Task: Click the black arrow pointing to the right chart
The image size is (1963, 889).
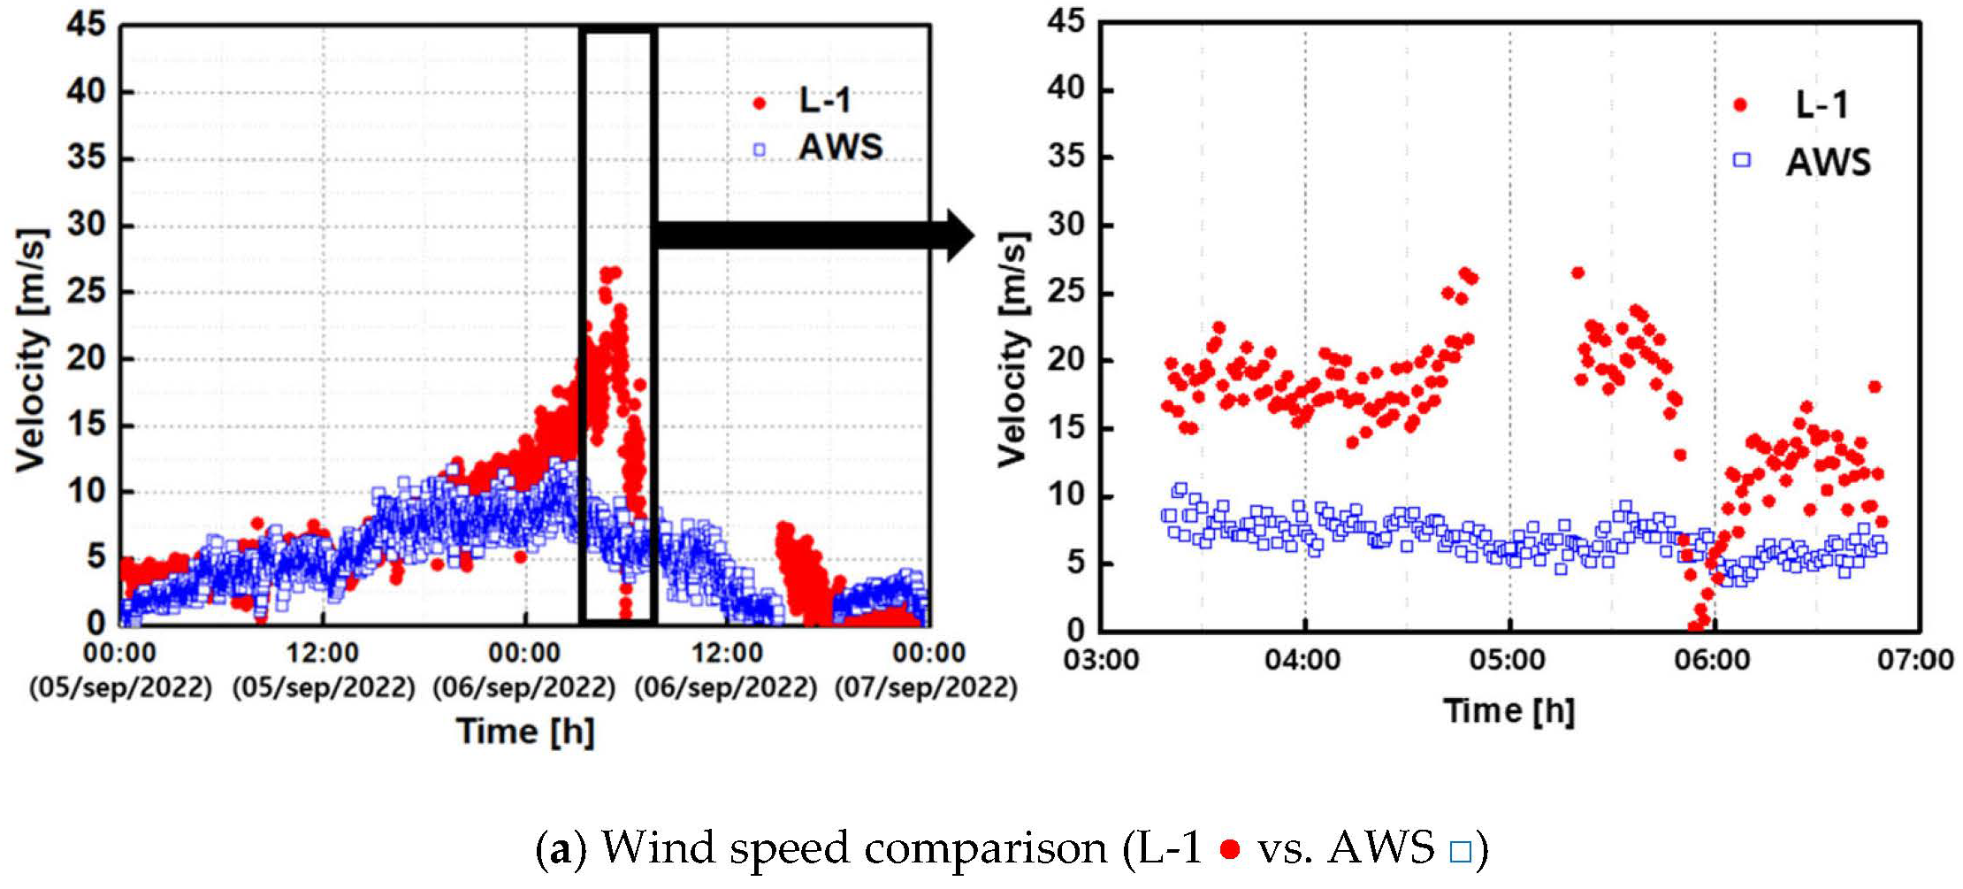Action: pos(813,235)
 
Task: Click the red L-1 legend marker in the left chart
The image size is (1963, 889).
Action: pos(759,103)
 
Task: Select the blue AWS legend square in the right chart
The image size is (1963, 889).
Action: pos(1741,160)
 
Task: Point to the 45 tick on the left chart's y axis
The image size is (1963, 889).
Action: pos(86,24)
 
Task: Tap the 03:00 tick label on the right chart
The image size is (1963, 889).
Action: pos(1100,660)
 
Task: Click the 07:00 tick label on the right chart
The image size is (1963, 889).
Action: pos(1915,660)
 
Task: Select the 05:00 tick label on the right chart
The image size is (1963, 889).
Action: pos(1508,660)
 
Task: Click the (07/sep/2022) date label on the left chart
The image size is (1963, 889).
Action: pos(926,687)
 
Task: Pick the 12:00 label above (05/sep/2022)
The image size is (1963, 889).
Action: pos(323,654)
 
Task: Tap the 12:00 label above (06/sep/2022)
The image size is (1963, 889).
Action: pos(727,654)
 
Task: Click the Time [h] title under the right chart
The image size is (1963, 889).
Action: pos(1509,710)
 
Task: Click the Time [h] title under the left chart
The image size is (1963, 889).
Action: pos(525,732)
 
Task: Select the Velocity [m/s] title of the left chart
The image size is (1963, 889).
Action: pos(31,349)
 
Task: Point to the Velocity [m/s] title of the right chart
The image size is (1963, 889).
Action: pos(1013,349)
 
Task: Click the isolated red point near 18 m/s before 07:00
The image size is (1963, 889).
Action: pos(1874,387)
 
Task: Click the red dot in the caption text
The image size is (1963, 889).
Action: pos(1229,849)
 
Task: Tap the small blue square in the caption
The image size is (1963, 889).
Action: pos(1460,851)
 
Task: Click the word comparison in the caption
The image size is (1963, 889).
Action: pos(985,849)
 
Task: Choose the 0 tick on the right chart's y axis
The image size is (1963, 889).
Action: pos(1075,631)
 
